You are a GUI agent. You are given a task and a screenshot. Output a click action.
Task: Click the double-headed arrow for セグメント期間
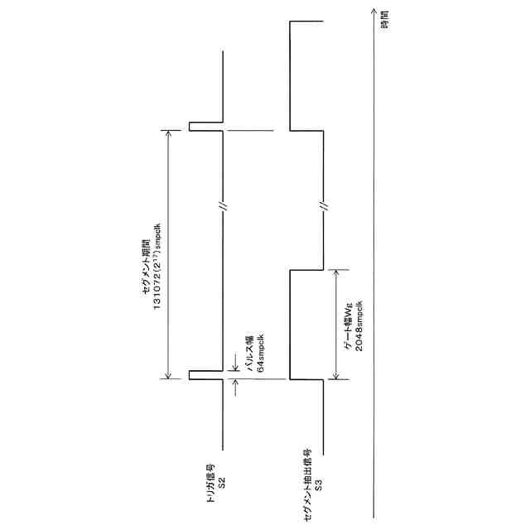(x=169, y=253)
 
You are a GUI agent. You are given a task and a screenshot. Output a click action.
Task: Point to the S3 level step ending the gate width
(x=306, y=270)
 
